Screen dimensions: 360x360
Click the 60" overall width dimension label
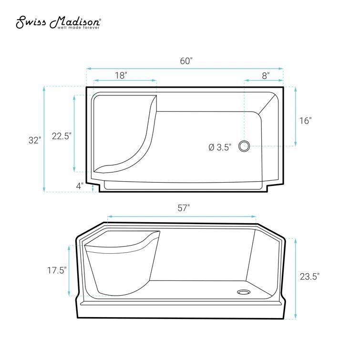point(186,61)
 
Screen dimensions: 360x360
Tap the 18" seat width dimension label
point(121,75)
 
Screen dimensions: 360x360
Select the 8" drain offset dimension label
point(266,75)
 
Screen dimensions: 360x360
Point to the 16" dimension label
point(306,121)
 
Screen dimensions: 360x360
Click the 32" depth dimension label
point(35,140)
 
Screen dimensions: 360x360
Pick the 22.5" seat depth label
point(62,136)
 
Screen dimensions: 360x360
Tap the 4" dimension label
point(80,186)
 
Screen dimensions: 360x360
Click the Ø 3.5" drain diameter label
point(220,147)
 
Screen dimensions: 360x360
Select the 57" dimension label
point(184,208)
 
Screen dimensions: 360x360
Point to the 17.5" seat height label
point(57,270)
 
